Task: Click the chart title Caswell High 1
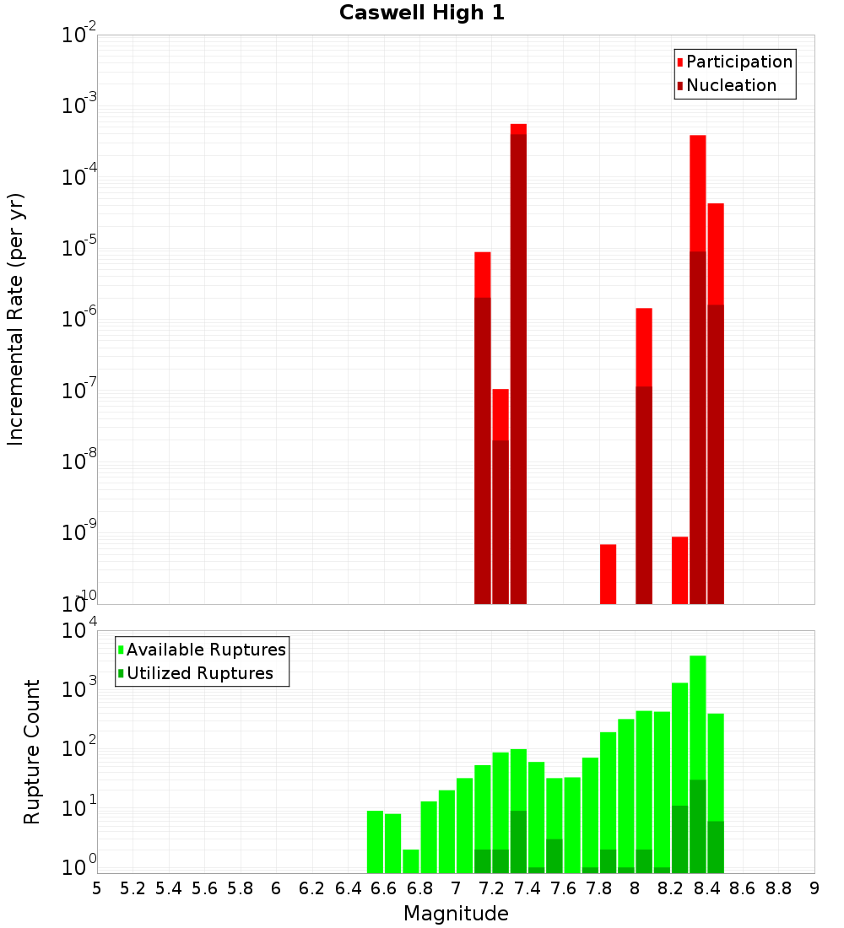click(422, 13)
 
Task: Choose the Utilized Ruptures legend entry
click(199, 674)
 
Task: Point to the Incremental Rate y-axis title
click(15, 319)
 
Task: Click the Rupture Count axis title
click(32, 752)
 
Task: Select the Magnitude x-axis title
click(456, 914)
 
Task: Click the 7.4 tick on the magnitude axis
click(527, 888)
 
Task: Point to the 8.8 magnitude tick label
click(778, 888)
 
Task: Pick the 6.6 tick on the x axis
click(384, 888)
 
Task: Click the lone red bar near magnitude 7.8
click(608, 574)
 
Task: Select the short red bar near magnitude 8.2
click(679, 569)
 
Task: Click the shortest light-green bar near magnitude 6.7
click(411, 861)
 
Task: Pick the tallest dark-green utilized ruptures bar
click(698, 827)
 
